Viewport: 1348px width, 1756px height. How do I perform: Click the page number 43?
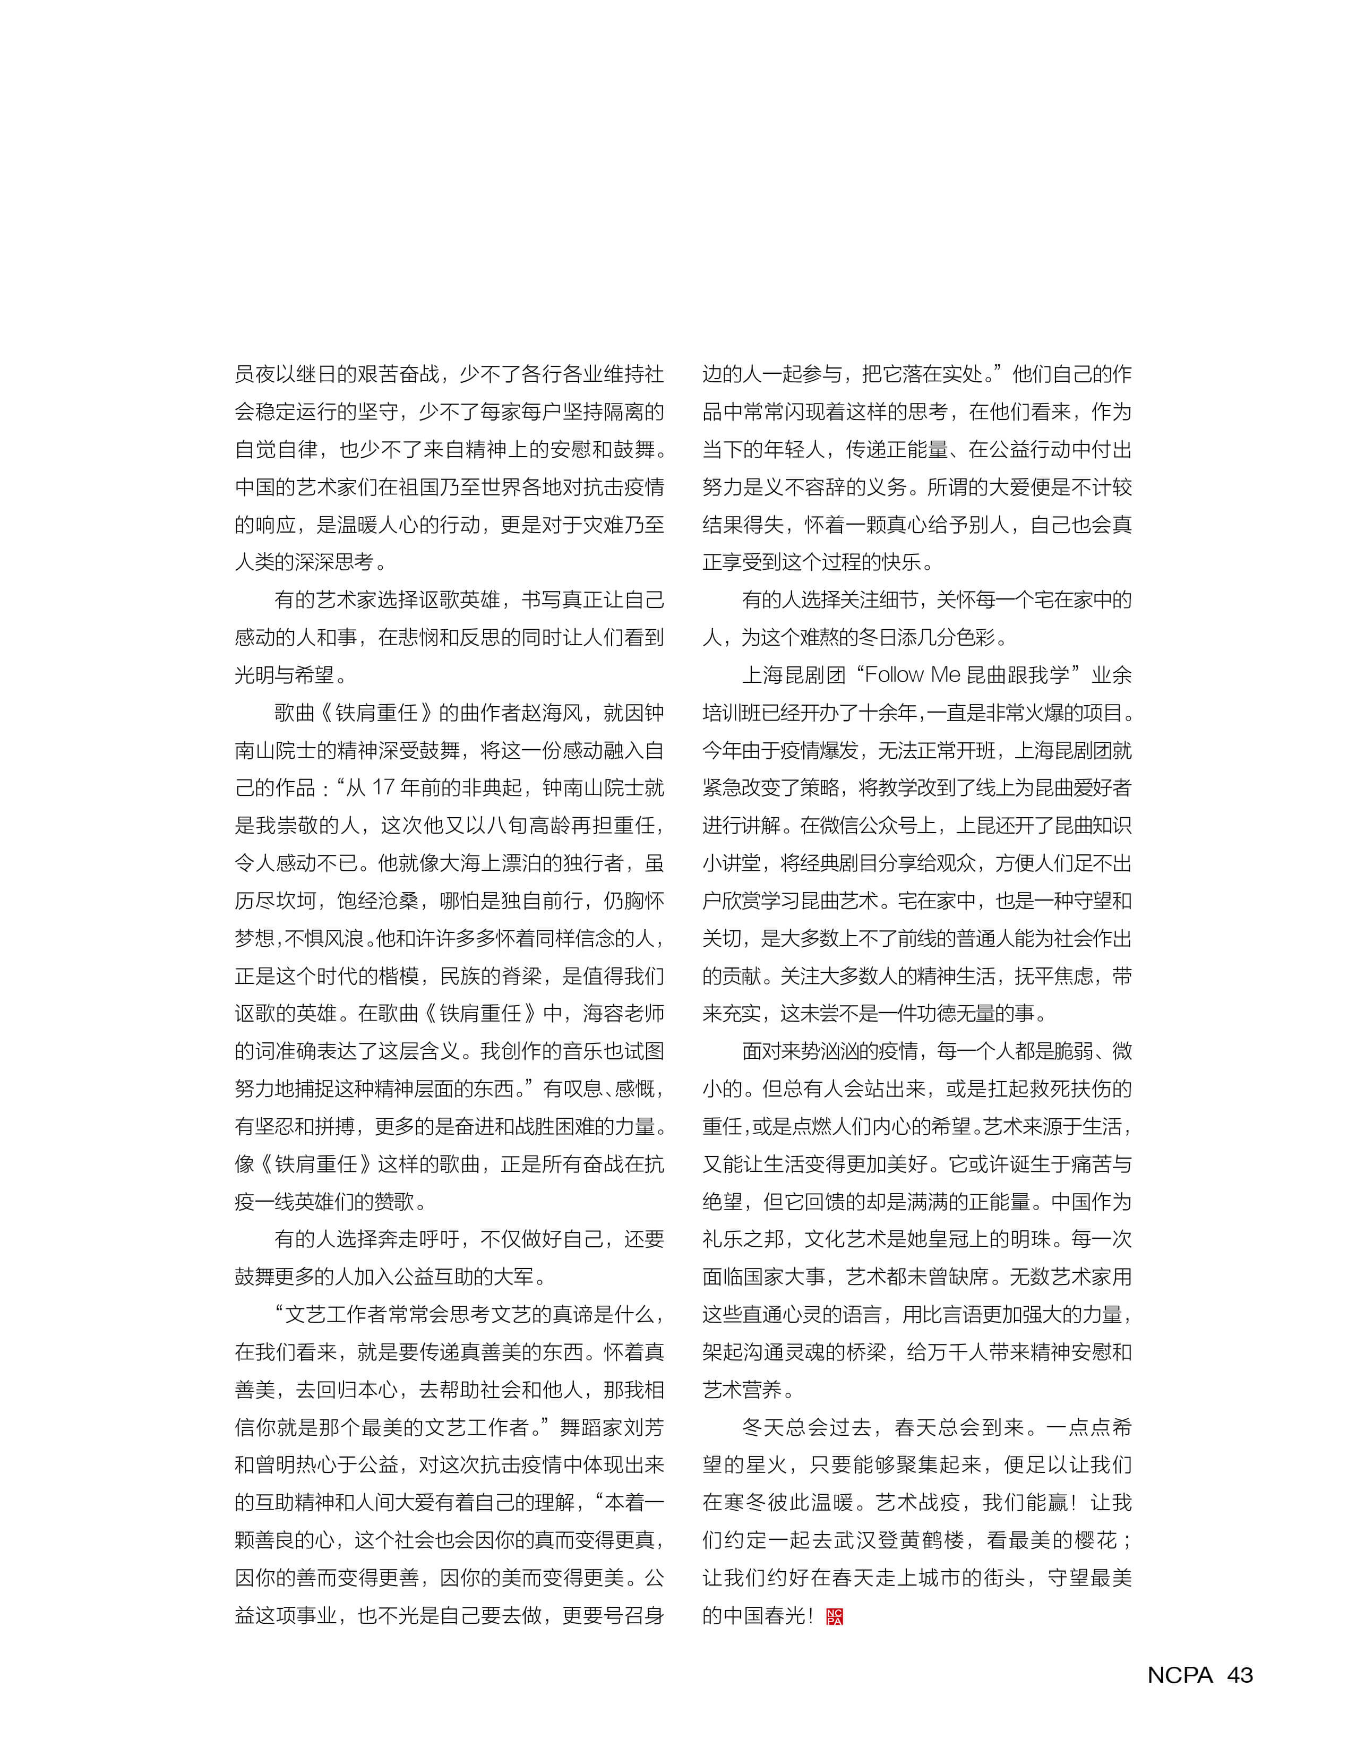click(1240, 1675)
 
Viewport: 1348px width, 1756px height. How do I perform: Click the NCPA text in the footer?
click(1180, 1675)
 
